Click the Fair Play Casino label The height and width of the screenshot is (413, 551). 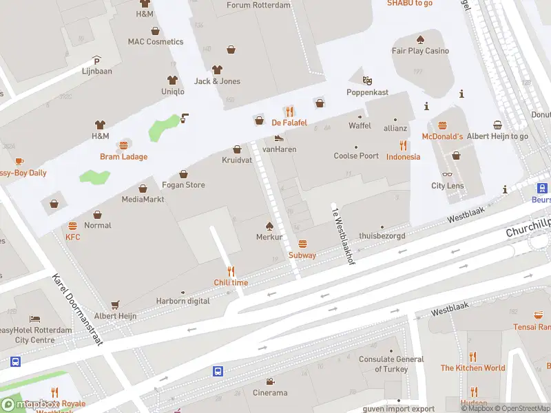pyautogui.click(x=420, y=51)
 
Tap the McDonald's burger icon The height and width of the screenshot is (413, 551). pyautogui.click(x=442, y=126)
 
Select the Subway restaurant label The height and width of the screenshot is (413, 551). pyautogui.click(x=302, y=255)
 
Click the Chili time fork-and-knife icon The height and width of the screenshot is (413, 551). pyautogui.click(x=231, y=271)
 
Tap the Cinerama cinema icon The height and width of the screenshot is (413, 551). pyautogui.click(x=270, y=381)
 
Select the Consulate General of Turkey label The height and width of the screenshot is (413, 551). pyautogui.click(x=391, y=363)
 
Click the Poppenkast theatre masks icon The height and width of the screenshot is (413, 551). pyautogui.click(x=367, y=81)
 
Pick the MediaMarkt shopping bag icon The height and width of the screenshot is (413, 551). pyautogui.click(x=143, y=188)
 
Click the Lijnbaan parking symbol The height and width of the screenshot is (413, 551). pyautogui.click(x=96, y=60)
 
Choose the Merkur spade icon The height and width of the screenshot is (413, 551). pyautogui.click(x=269, y=226)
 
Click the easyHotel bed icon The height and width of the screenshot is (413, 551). pyautogui.click(x=35, y=319)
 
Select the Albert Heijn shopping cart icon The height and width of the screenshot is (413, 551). pyautogui.click(x=115, y=304)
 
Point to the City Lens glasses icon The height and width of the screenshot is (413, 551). pyautogui.click(x=448, y=174)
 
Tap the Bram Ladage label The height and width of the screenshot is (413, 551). pyautogui.click(x=124, y=157)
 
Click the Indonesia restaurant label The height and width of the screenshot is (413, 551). pyautogui.click(x=403, y=157)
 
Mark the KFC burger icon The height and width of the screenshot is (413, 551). pyautogui.click(x=73, y=226)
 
